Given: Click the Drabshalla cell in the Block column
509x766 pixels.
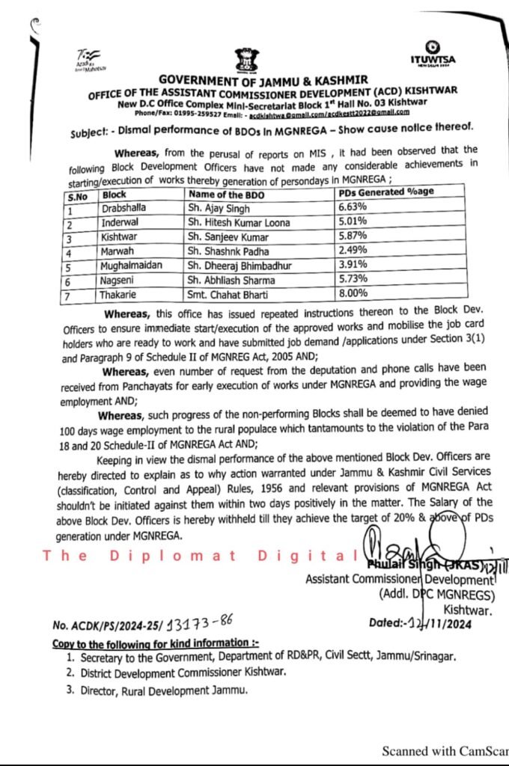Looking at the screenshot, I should point(125,206).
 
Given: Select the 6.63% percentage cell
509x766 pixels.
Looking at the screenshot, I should point(354,206).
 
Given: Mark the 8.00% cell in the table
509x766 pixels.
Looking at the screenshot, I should point(355,295).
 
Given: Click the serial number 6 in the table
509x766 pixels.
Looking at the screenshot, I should point(68,281).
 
